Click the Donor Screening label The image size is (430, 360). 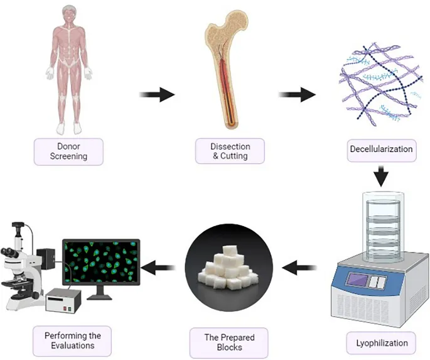pos(68,151)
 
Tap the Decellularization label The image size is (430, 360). pos(380,150)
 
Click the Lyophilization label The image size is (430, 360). pos(381,343)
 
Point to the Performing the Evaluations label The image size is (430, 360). pos(68,340)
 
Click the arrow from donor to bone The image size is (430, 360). pos(156,95)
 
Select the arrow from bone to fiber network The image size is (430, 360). pos(297,95)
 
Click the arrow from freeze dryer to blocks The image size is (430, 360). pos(300,269)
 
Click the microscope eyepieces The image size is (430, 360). pos(11,252)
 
